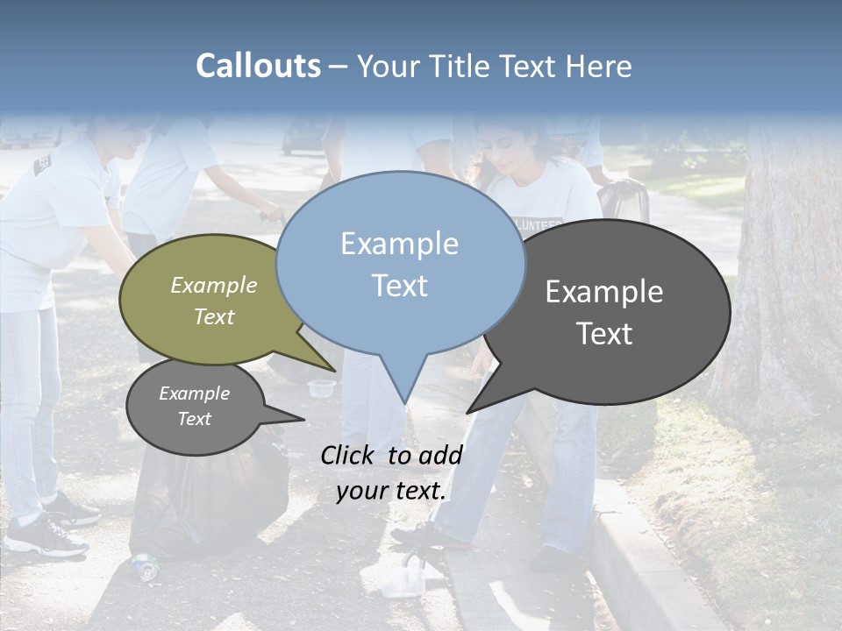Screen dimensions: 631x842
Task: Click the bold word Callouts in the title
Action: (x=258, y=67)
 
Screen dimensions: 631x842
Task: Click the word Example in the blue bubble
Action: (x=399, y=244)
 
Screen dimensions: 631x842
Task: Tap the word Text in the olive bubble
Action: (x=214, y=317)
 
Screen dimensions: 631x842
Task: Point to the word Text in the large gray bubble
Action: (x=604, y=334)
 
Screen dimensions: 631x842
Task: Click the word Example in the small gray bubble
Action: (x=194, y=393)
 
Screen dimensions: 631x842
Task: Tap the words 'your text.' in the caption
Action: (x=391, y=491)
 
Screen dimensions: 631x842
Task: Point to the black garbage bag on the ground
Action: (x=210, y=500)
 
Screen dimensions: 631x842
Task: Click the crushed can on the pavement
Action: (x=145, y=566)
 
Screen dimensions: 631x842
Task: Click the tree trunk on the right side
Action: (x=785, y=280)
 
